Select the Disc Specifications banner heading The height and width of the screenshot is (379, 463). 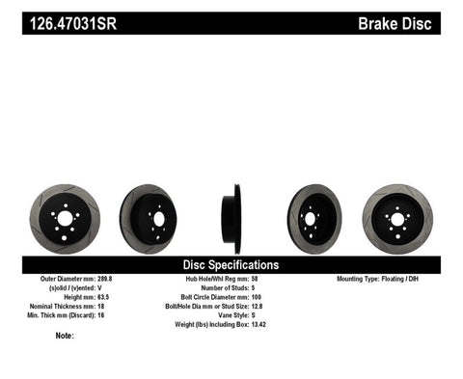click(231, 264)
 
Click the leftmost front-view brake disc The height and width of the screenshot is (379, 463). click(66, 219)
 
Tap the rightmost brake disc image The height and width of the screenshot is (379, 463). click(396, 220)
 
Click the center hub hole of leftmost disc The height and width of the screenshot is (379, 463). click(66, 219)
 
